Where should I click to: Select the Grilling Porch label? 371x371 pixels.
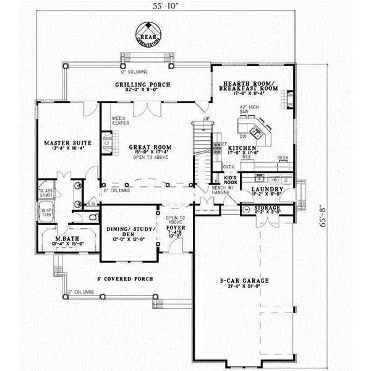coord(143,84)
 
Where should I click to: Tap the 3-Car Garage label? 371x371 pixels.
coord(246,281)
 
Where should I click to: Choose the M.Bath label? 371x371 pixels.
coord(64,239)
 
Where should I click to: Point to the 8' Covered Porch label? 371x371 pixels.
coord(125,278)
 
